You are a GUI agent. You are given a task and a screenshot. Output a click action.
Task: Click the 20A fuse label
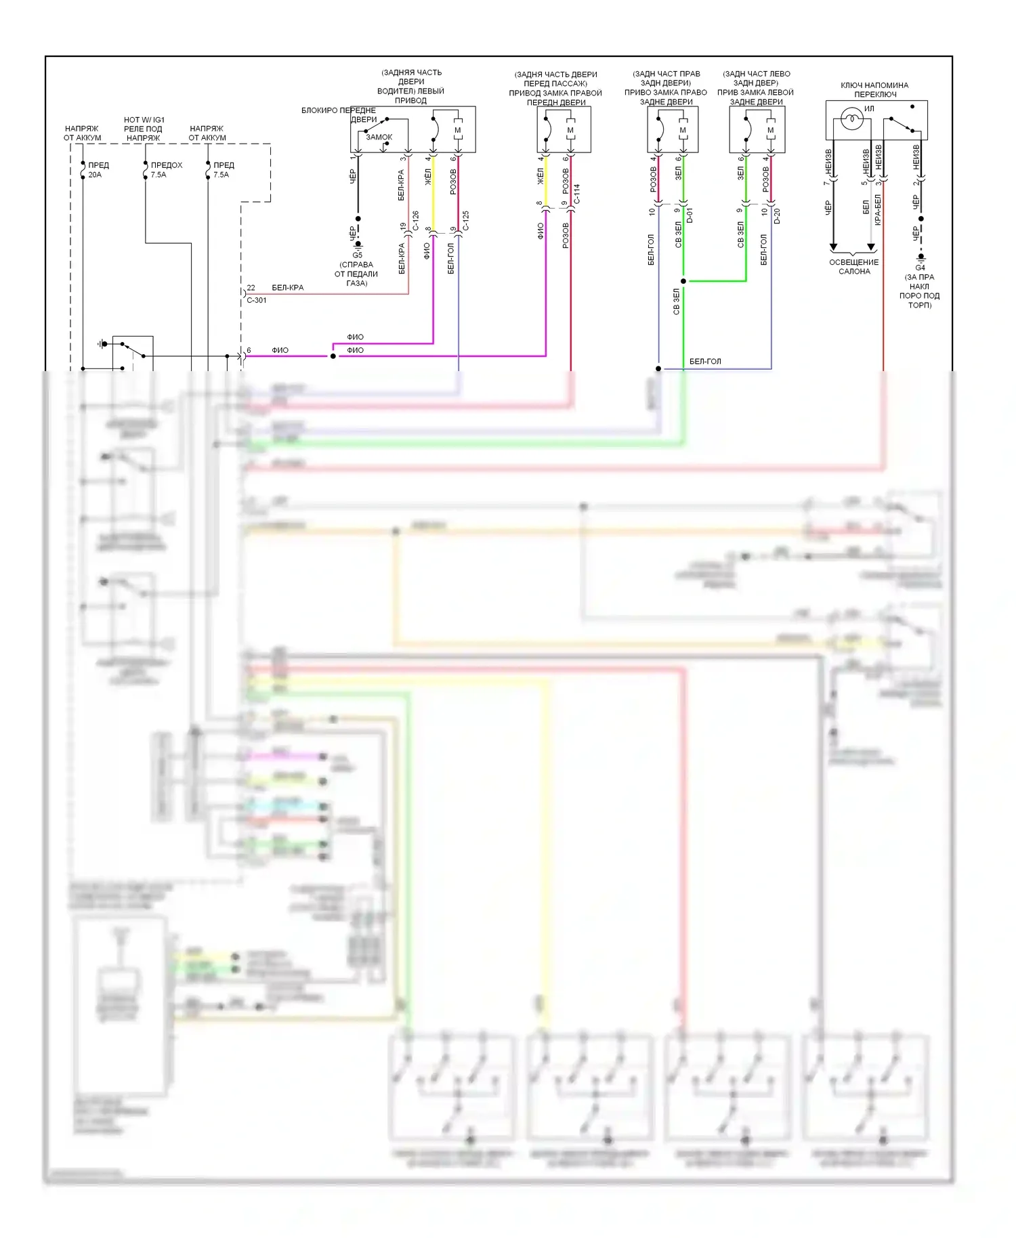[x=95, y=175]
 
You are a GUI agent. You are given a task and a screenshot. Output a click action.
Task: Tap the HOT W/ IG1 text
[x=144, y=120]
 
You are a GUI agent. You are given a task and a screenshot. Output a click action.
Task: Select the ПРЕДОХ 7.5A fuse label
[x=166, y=170]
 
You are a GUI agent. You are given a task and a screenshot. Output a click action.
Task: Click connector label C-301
[x=257, y=300]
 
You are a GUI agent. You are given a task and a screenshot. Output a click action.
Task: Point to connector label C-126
[x=416, y=220]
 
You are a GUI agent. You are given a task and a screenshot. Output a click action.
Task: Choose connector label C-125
[x=466, y=220]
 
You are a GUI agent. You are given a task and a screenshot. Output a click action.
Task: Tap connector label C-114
[x=577, y=194]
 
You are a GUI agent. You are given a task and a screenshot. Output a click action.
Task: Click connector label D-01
[x=690, y=215]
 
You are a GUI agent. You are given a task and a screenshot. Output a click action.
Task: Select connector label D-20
[x=778, y=215]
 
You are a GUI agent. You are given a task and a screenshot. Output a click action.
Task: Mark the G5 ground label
[x=358, y=255]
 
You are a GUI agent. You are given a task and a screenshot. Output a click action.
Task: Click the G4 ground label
[x=920, y=268]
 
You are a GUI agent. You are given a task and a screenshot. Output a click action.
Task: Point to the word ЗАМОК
[x=379, y=137]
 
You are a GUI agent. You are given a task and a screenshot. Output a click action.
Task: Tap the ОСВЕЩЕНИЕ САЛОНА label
[x=854, y=267]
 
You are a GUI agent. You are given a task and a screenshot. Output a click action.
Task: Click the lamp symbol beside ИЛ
[x=851, y=121]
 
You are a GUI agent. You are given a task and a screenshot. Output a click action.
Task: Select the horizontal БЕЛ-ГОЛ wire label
[x=705, y=362]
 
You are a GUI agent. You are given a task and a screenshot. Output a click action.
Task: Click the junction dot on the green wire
[x=683, y=281]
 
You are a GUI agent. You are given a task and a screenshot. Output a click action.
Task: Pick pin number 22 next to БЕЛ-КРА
[x=251, y=288]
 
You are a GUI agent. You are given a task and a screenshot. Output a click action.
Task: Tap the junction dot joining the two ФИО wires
[x=333, y=356]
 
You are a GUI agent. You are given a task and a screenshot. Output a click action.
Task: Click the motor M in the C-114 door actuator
[x=570, y=130]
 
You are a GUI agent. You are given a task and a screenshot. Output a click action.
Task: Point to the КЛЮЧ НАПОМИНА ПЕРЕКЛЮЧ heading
[x=874, y=89]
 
